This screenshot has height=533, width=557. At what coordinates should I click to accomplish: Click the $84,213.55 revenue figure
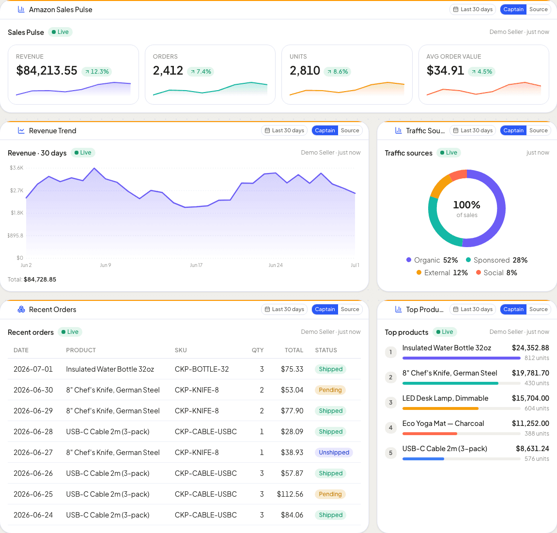(x=46, y=70)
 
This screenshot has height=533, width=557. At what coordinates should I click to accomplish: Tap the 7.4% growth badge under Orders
(x=201, y=71)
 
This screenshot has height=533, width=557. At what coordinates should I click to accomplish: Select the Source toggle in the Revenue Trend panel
(x=350, y=130)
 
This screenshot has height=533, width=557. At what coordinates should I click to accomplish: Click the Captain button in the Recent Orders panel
(x=325, y=309)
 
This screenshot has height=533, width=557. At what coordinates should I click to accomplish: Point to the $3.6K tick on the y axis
(x=16, y=168)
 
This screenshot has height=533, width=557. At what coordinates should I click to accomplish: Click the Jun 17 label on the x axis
(x=196, y=265)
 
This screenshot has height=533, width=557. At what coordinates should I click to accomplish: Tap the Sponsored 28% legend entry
(x=496, y=260)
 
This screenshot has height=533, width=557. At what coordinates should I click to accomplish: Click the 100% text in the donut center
(x=466, y=204)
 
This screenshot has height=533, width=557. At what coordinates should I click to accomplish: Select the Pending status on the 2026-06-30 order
(x=330, y=390)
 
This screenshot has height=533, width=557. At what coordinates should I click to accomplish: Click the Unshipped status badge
(x=334, y=453)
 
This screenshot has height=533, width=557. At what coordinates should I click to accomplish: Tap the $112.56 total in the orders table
(x=290, y=494)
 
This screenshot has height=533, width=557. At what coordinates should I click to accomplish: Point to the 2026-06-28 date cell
(x=33, y=431)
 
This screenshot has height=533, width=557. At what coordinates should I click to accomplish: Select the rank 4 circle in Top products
(x=391, y=427)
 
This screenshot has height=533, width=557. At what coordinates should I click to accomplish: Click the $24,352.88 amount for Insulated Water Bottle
(x=530, y=348)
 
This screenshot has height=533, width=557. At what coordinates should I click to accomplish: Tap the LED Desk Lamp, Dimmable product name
(x=445, y=398)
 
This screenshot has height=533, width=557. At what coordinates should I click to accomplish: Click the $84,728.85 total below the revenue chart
(x=40, y=279)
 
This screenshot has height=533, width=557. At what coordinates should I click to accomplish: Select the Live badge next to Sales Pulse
(x=60, y=32)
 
